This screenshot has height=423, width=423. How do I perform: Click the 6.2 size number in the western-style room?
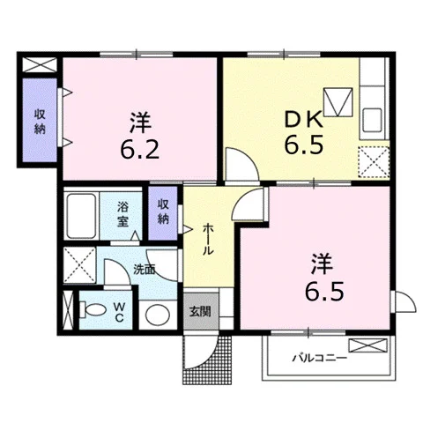coord(139,150)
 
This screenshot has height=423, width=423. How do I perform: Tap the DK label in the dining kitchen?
coord(304,121)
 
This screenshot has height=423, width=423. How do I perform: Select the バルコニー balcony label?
coord(320,358)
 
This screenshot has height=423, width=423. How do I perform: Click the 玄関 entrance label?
coord(200,311)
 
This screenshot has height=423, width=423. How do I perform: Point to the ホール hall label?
coord(208,239)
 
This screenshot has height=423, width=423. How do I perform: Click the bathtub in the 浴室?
coord(81,216)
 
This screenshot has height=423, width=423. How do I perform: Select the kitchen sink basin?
coord(372,120)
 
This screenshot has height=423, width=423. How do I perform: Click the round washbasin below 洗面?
coord(158,315)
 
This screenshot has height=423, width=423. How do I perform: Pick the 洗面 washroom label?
coord(145,270)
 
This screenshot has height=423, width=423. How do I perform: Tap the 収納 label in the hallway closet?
coord(163,211)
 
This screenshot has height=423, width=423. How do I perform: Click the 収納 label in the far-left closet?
coord(40,122)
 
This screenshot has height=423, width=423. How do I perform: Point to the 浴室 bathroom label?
coord(122,214)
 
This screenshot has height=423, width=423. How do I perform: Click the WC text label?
coord(119,312)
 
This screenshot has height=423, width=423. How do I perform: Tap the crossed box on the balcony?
coord(367,345)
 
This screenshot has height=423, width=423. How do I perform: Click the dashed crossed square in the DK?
coord(374,162)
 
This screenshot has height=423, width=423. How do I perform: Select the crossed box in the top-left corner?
coord(40,64)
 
